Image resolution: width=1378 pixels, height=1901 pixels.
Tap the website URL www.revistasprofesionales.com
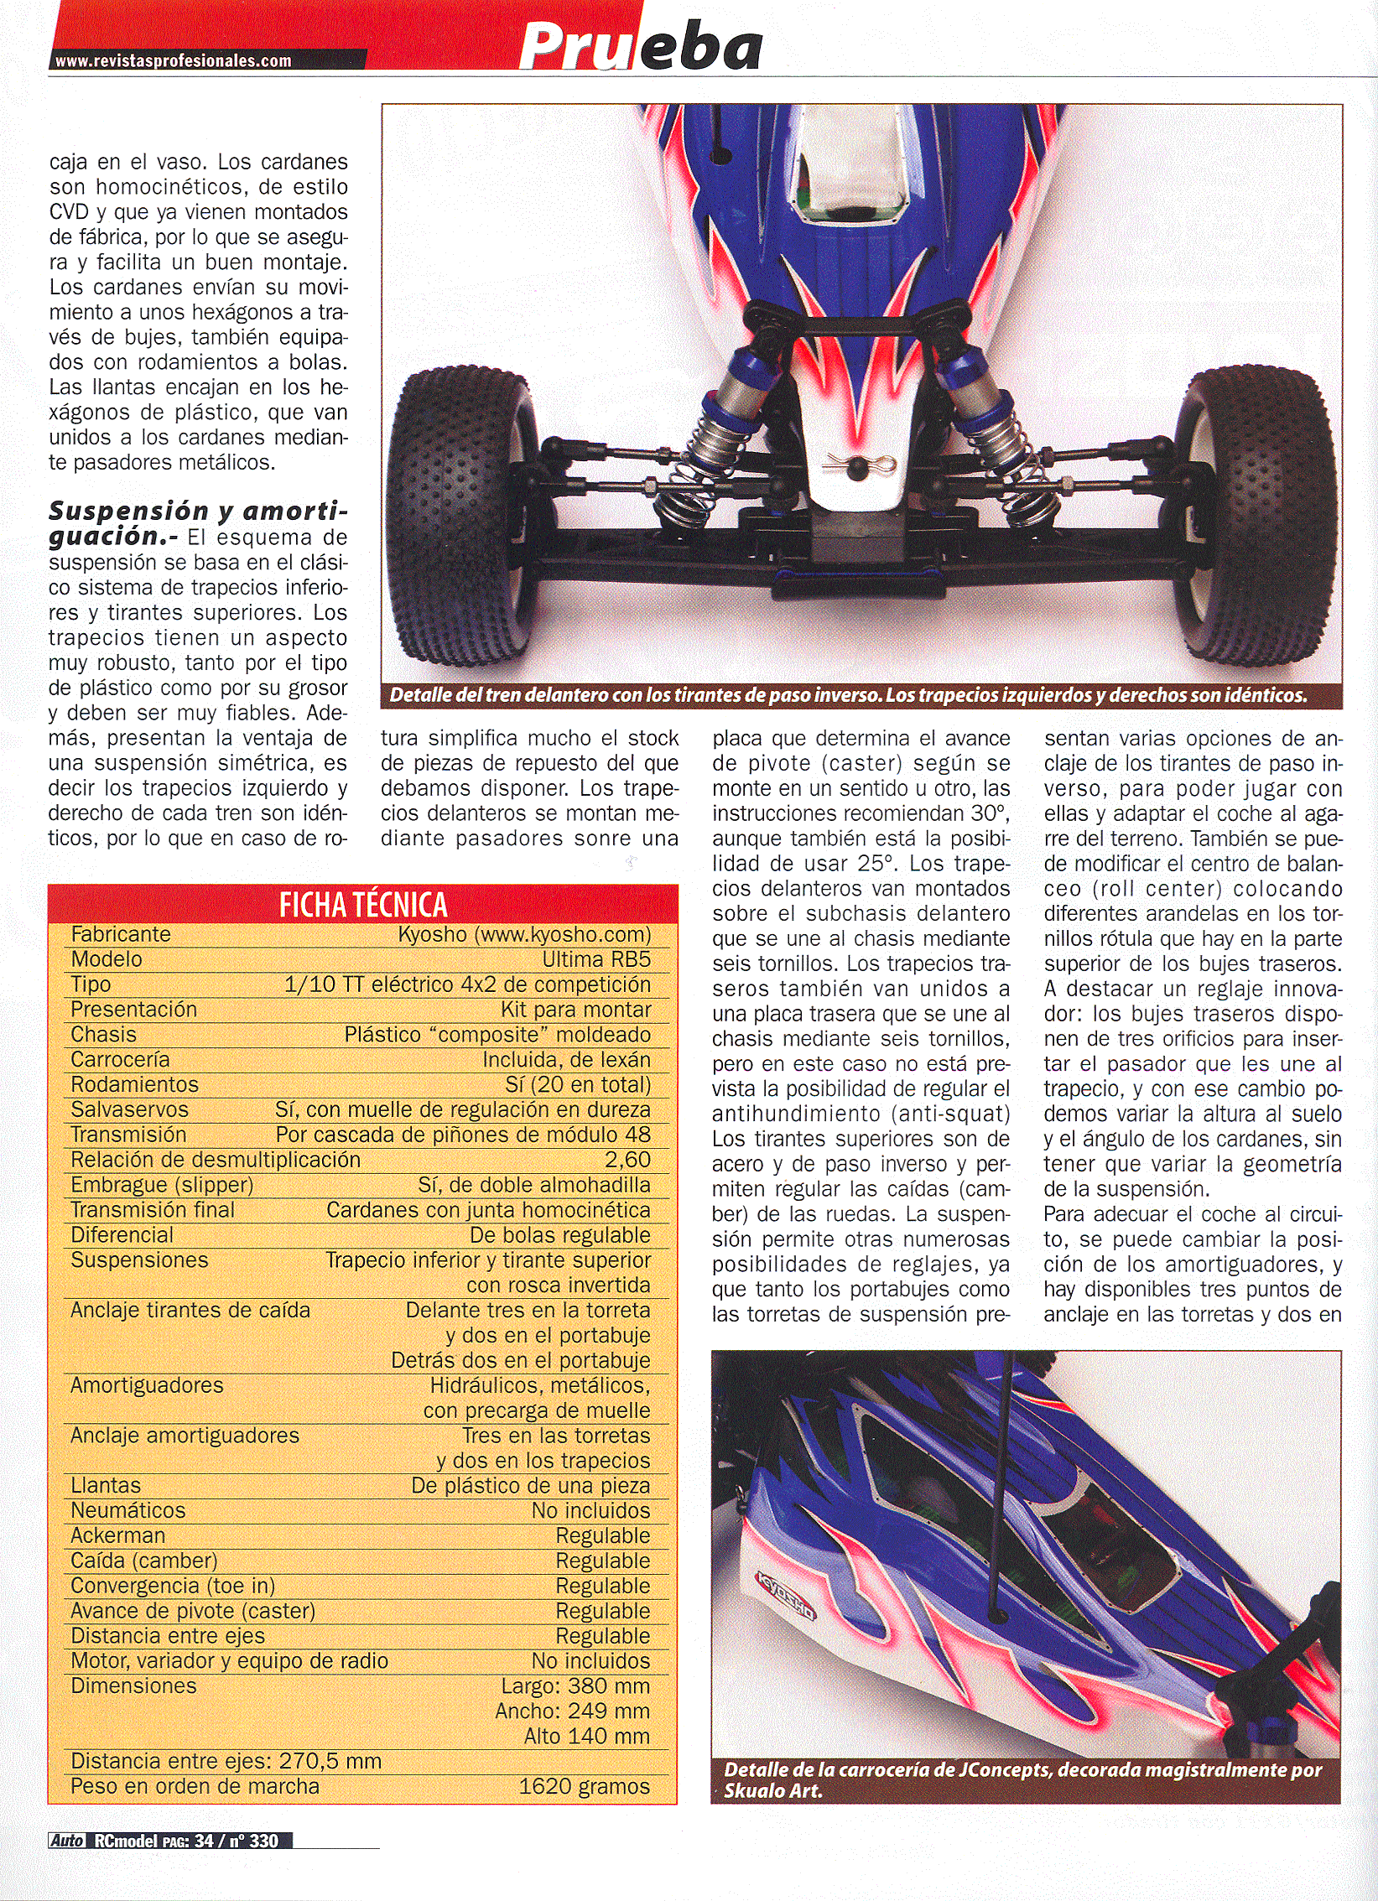pyautogui.click(x=173, y=60)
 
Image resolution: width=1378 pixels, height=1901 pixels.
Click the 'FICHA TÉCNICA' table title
pyautogui.click(x=362, y=905)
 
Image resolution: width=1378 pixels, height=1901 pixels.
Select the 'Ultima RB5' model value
pyautogui.click(x=595, y=959)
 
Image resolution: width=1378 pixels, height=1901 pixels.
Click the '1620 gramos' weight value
pyautogui.click(x=584, y=1786)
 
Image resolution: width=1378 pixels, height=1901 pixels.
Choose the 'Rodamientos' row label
pyautogui.click(x=134, y=1084)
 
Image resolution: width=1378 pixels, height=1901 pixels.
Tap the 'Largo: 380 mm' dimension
pyautogui.click(x=575, y=1685)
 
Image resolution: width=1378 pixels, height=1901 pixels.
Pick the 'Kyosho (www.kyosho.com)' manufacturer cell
pyautogui.click(x=524, y=934)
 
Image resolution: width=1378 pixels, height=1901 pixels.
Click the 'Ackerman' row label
pyautogui.click(x=117, y=1535)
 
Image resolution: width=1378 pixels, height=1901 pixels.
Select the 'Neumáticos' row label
pyautogui.click(x=127, y=1510)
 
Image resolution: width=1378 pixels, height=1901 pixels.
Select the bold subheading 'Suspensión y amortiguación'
pyautogui.click(x=197, y=522)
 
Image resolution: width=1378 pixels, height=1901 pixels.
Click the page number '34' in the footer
pyautogui.click(x=204, y=1841)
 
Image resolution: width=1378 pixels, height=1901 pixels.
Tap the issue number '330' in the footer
pyautogui.click(x=263, y=1841)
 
